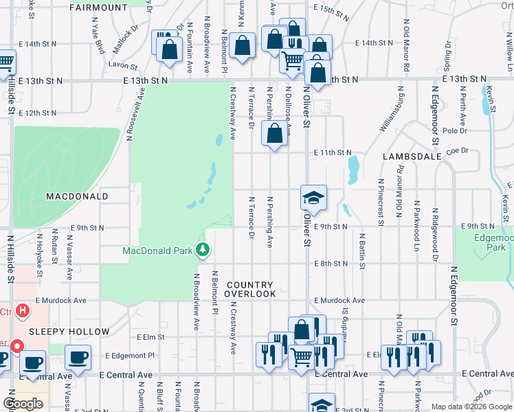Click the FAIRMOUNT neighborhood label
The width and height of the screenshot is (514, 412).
click(99, 8)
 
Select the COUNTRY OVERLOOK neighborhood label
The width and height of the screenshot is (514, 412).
click(251, 289)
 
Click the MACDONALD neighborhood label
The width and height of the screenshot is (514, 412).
click(78, 196)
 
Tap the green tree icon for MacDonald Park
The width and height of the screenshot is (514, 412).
click(203, 250)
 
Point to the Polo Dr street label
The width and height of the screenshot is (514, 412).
click(455, 130)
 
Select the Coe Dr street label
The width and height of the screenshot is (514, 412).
click(456, 150)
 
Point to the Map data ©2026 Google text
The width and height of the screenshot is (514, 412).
click(470, 407)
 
